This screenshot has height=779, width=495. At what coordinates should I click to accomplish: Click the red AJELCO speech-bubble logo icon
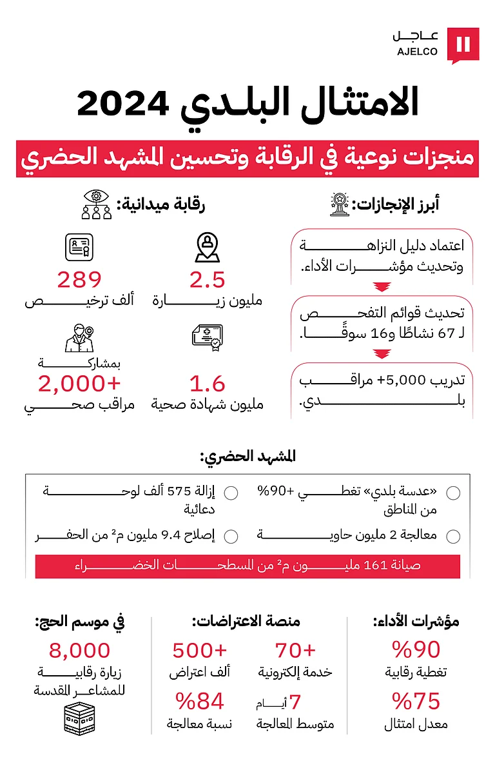click(x=463, y=44)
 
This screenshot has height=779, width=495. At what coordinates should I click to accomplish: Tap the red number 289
click(x=79, y=280)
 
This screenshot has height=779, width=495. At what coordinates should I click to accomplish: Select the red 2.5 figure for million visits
click(x=208, y=280)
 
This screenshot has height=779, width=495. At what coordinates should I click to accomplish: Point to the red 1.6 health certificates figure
click(x=208, y=384)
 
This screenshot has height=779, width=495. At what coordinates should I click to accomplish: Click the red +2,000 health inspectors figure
click(x=79, y=384)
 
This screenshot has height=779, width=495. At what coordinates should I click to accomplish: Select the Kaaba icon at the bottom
click(x=80, y=717)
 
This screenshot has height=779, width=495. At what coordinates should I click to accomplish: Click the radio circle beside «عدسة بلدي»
click(x=453, y=493)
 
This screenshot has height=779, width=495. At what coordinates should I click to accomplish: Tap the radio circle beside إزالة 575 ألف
click(x=231, y=493)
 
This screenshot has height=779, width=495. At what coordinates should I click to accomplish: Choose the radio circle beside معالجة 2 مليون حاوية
click(x=453, y=537)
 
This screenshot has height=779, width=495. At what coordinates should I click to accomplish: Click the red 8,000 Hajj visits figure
click(x=80, y=650)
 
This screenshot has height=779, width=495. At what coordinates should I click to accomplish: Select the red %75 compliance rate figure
click(x=416, y=701)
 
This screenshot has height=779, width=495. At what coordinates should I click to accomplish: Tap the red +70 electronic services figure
click(x=296, y=650)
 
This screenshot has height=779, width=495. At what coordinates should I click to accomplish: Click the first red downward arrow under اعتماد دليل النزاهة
click(x=383, y=288)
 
